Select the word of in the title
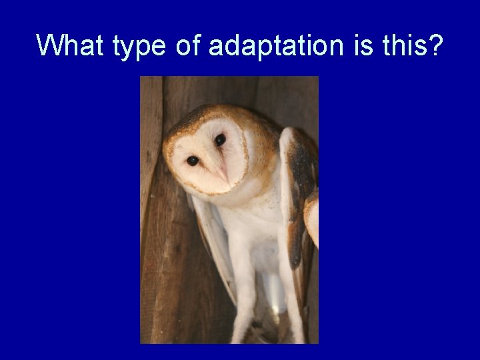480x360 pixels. (x=189, y=45)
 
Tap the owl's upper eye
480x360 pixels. (x=219, y=139)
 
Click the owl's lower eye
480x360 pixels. (x=192, y=161)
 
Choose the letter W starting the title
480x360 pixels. (x=49, y=45)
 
